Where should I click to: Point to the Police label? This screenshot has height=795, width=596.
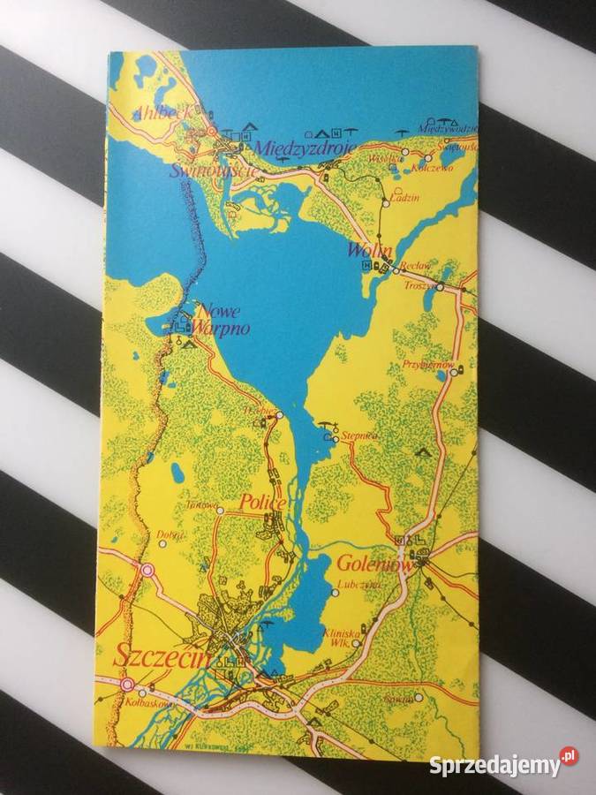coord(262,503)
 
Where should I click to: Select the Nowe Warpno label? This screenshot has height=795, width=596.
coord(222,320)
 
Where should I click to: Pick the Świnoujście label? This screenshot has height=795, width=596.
coord(215,170)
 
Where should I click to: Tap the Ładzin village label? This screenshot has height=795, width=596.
coord(407,199)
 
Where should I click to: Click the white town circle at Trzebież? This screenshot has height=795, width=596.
coord(279,414)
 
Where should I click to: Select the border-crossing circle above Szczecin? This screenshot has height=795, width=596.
coord(147,571)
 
